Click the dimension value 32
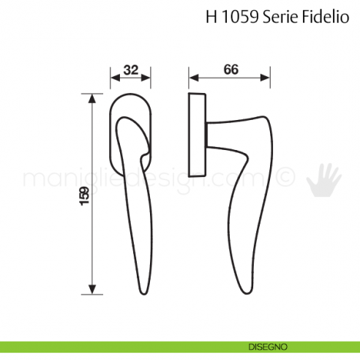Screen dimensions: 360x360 coord(131,70)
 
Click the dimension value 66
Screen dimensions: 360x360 coord(230,70)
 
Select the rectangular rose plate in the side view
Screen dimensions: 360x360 coord(196,135)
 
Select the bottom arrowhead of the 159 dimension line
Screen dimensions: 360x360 coord(92,290)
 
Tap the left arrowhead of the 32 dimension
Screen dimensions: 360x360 coord(113,78)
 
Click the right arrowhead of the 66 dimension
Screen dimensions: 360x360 coord(270,78)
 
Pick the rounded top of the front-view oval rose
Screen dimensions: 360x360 coord(131,95)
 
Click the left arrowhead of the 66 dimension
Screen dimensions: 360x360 coord(191,78)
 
